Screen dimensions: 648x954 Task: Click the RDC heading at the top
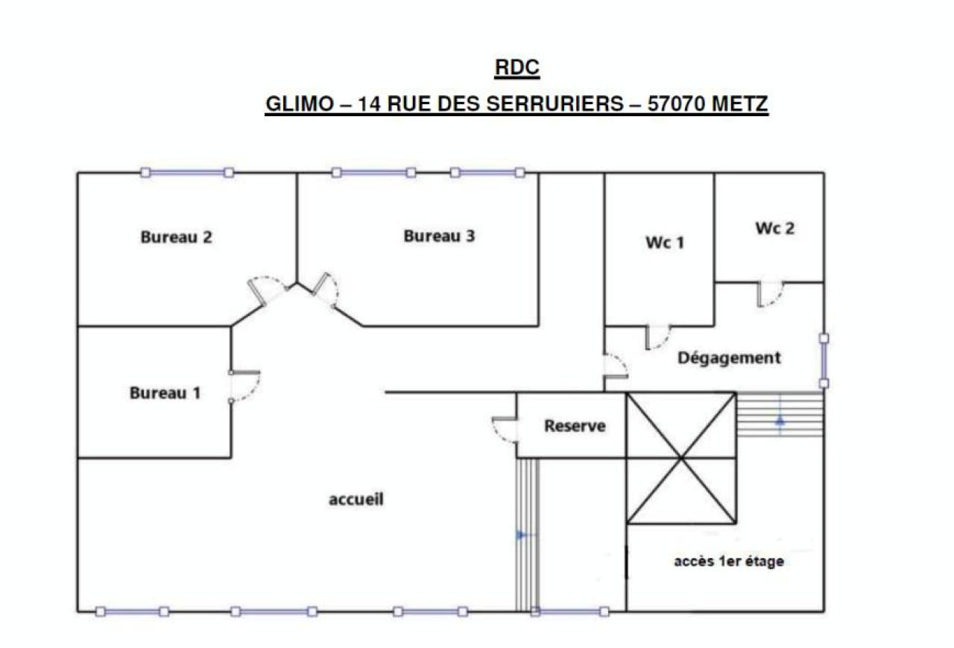tap(517, 68)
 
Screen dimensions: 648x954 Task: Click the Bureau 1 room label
tap(165, 393)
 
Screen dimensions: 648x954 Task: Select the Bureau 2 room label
tap(177, 238)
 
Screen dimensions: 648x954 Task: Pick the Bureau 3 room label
tap(439, 236)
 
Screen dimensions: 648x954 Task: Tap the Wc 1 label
tap(664, 243)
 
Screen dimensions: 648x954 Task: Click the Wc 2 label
tap(774, 229)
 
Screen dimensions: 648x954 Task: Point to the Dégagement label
tap(729, 358)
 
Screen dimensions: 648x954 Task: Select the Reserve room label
tap(575, 427)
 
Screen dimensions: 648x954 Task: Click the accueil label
tap(356, 500)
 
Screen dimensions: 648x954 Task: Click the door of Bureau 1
tap(244, 386)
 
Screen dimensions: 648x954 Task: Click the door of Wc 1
tap(657, 337)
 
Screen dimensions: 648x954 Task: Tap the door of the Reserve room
tap(505, 431)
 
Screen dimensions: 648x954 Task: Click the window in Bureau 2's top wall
tap(187, 172)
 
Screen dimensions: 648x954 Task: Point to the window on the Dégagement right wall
tap(824, 360)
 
